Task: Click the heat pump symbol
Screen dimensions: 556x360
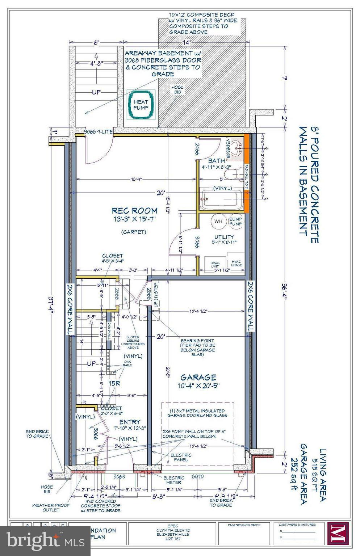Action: click(x=141, y=105)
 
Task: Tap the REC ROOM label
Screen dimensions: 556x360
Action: click(x=134, y=211)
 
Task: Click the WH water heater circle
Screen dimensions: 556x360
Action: click(x=218, y=221)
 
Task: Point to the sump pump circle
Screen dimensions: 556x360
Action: click(x=235, y=221)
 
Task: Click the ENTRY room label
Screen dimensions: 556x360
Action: click(x=130, y=422)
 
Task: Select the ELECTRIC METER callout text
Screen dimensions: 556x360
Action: click(x=174, y=480)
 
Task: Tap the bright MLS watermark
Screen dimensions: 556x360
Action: click(x=45, y=541)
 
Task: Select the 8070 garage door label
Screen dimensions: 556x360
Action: click(x=198, y=477)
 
